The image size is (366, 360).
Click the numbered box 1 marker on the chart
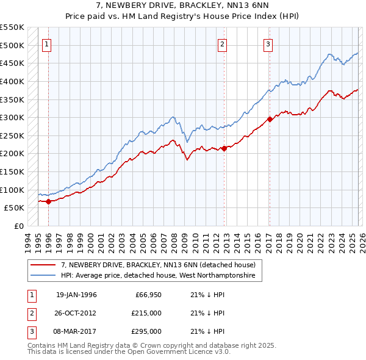click(48, 44)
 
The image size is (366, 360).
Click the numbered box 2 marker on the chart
click(223, 44)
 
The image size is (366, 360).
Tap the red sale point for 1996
click(48, 201)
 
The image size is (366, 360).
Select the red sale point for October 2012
click(224, 148)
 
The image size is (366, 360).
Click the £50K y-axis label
click(14, 208)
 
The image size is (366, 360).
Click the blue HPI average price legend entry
click(161, 276)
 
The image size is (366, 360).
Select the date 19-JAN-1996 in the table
click(76, 295)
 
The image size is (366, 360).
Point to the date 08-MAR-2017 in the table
click(76, 331)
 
